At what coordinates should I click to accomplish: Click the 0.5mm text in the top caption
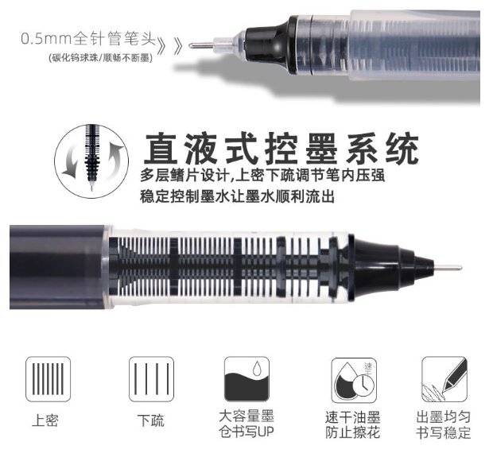coord(47,39)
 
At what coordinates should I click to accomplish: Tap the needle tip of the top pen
coord(190,46)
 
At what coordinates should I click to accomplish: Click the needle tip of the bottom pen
coord(460,268)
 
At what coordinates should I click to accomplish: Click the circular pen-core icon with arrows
coord(91,161)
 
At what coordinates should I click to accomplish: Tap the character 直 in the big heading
coord(161,149)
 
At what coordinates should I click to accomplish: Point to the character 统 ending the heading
coord(402,149)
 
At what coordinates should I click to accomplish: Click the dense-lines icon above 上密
coord(48,379)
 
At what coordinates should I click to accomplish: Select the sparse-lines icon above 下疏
coord(151,379)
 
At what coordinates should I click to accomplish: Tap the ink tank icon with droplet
coord(246,379)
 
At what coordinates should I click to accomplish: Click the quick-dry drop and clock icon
coord(354,380)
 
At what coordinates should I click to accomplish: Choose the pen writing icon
coord(444,379)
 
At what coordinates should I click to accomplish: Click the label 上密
coord(45,420)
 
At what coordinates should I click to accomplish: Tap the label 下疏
coord(150,420)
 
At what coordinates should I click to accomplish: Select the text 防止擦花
coord(353,432)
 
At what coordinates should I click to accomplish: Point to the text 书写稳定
coord(444,432)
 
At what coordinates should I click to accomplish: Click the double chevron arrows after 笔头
coord(170,47)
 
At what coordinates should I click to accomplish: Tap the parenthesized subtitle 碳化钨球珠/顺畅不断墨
coord(101,58)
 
